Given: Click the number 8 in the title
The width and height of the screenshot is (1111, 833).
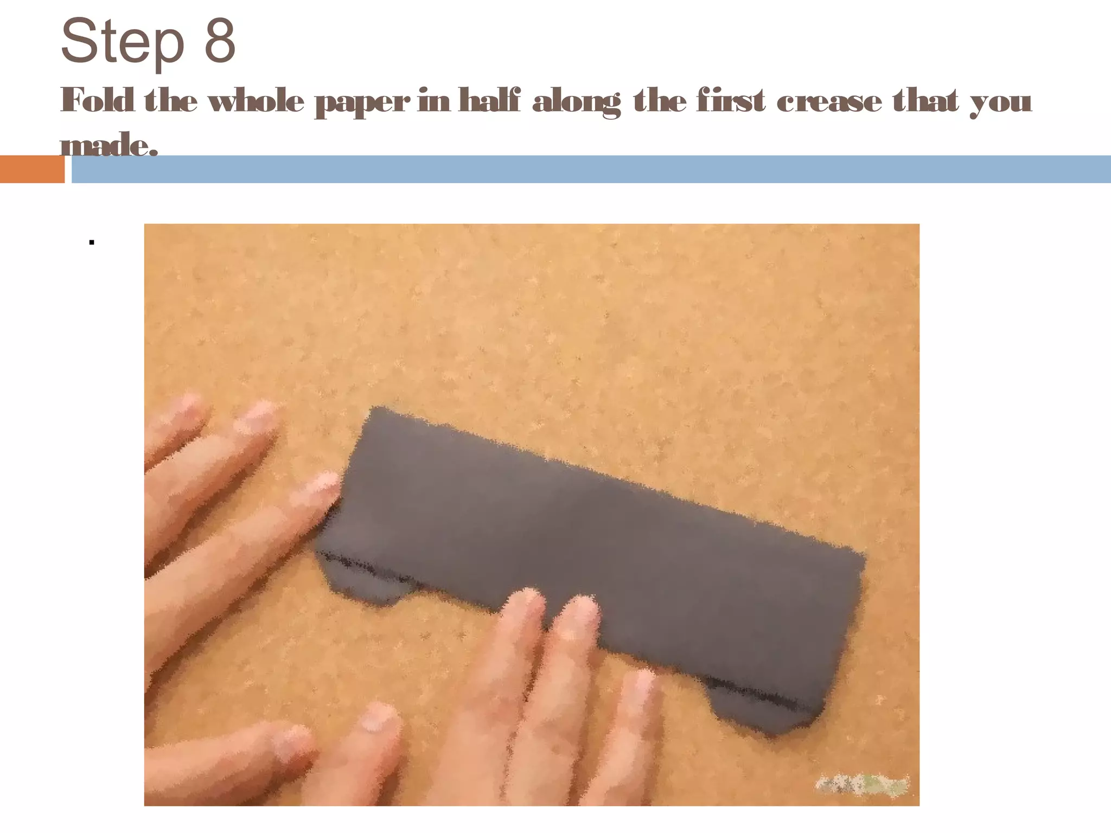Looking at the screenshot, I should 220,41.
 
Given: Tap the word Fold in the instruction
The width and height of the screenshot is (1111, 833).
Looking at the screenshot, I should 98,101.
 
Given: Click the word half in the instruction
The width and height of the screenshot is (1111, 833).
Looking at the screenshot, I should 489,101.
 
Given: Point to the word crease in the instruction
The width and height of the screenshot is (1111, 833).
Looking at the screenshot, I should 829,102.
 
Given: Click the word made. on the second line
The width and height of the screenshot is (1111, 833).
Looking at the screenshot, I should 108,145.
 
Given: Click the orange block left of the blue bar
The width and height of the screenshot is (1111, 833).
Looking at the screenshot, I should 31,169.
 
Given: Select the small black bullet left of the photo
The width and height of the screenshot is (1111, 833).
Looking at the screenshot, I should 92,242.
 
